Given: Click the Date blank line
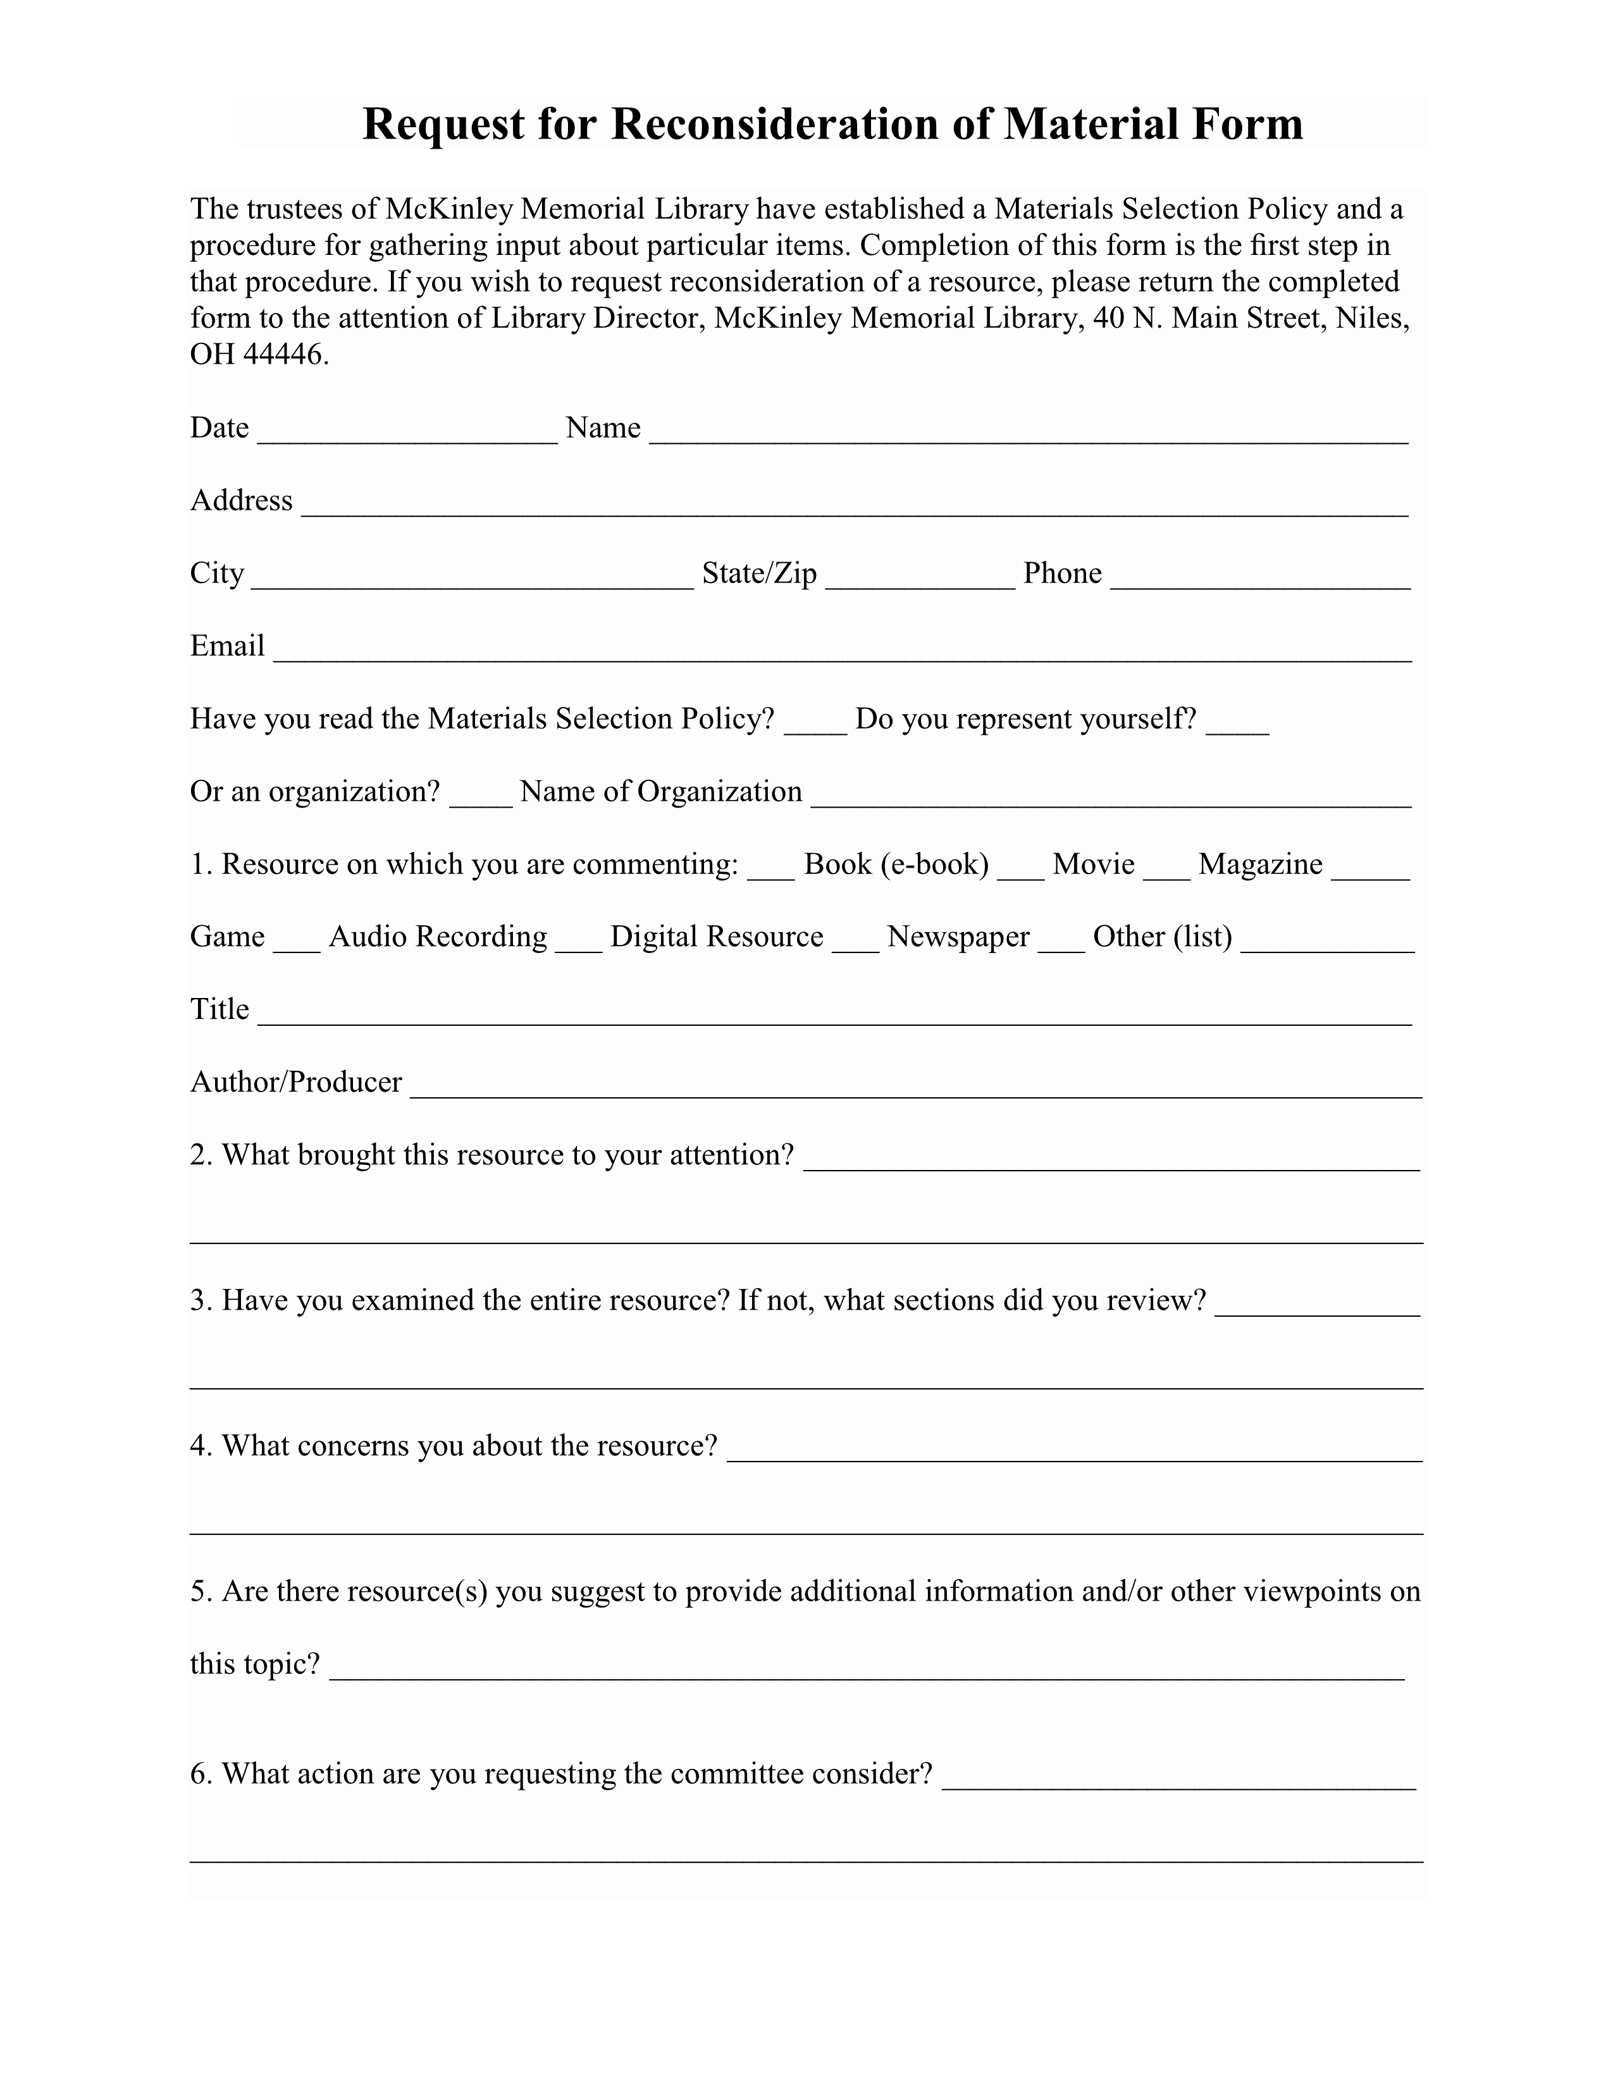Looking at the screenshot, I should pyautogui.click(x=407, y=435).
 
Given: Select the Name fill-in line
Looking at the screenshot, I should pyautogui.click(x=1028, y=435).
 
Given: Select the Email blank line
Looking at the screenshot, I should pyautogui.click(x=842, y=654).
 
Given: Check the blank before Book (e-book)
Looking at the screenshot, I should pyautogui.click(x=771, y=871).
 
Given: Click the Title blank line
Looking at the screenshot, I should pyautogui.click(x=834, y=1017).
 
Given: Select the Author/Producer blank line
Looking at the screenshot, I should pyautogui.click(x=915, y=1090).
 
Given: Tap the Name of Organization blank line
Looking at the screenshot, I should pyautogui.click(x=1110, y=799).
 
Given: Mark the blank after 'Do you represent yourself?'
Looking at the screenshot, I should pyautogui.click(x=1237, y=726).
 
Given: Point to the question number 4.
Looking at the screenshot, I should pyautogui.click(x=199, y=1446).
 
